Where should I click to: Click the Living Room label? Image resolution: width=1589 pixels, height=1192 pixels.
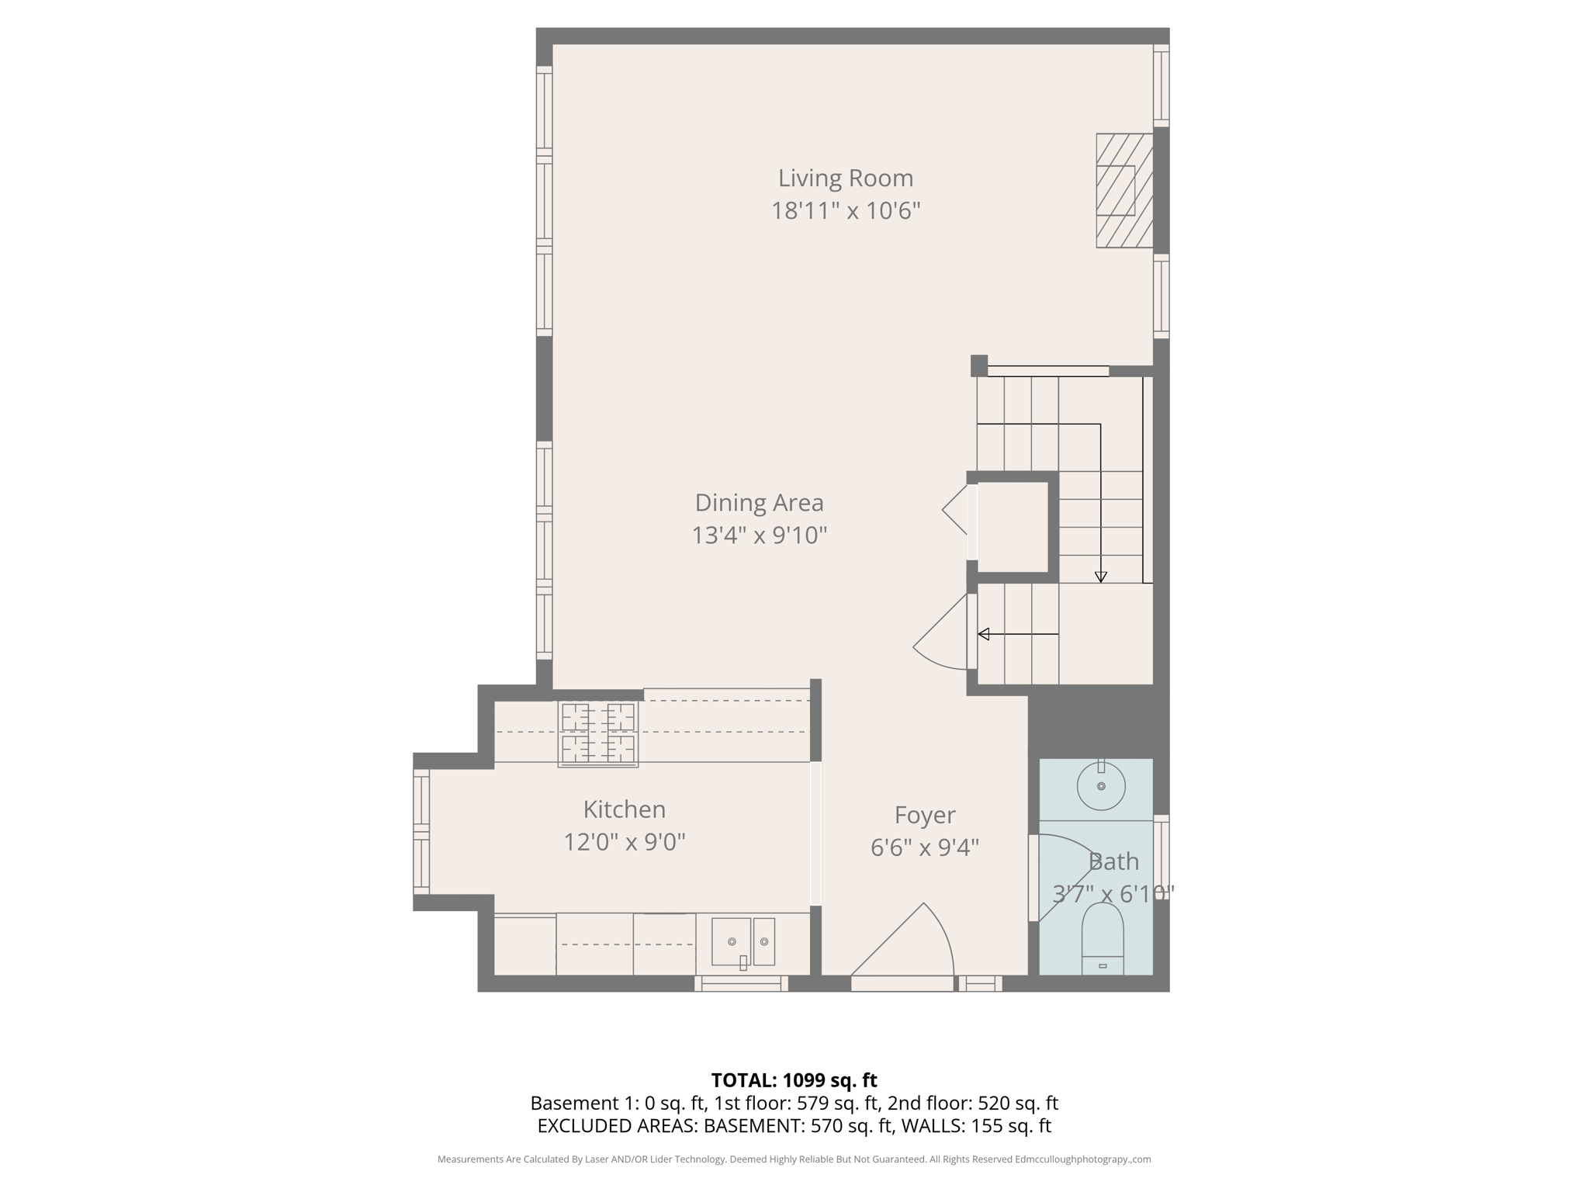tap(845, 178)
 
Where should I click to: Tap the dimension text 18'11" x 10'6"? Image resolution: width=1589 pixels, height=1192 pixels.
tap(845, 211)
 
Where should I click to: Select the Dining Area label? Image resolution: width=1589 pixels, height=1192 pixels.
tap(758, 503)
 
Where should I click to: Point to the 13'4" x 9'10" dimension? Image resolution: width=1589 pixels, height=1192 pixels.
tap(758, 535)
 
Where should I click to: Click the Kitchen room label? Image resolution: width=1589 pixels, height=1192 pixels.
tap(624, 809)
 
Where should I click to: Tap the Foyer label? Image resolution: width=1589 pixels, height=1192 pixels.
tap(924, 815)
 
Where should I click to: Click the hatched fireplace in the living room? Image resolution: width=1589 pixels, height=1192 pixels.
tap(1123, 191)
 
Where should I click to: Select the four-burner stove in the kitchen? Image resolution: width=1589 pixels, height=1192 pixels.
tap(597, 734)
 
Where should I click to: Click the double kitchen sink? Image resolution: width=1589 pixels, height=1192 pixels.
tap(743, 942)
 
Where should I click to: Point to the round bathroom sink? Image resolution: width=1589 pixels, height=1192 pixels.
tap(1100, 785)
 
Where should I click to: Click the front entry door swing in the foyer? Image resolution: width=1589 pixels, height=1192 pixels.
tap(908, 947)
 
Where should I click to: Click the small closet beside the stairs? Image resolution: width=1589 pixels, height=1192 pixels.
tap(1012, 527)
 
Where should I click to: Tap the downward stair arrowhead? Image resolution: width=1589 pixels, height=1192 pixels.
tap(1100, 577)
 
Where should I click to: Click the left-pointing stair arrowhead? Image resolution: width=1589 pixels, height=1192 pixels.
tap(984, 634)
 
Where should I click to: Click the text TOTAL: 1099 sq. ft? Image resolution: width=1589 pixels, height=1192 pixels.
tap(794, 1080)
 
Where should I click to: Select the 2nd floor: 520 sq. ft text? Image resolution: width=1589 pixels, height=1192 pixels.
tap(972, 1104)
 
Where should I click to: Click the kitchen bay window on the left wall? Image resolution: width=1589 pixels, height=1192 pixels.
tap(421, 832)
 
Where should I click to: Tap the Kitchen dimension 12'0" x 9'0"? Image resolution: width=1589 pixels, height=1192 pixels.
tap(624, 842)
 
